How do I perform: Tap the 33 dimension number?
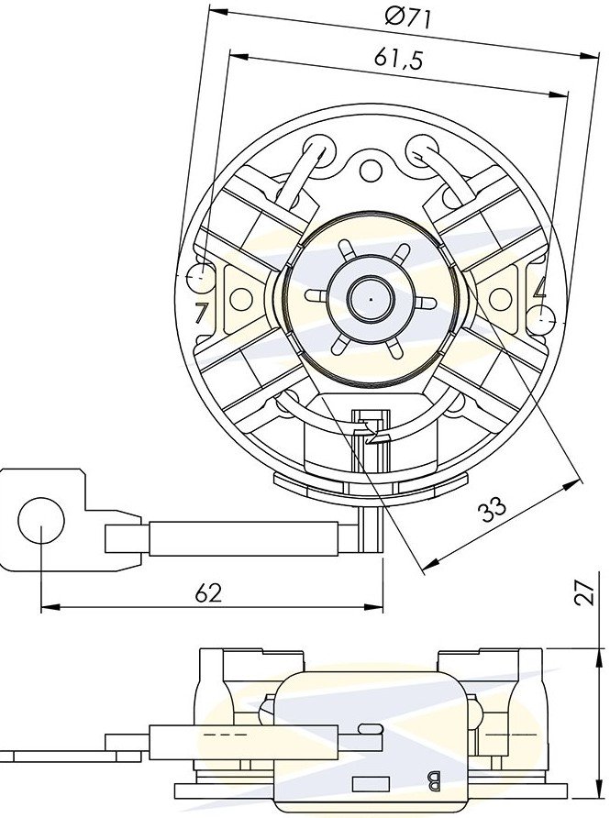pyautogui.click(x=493, y=509)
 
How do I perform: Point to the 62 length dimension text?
pyautogui.click(x=208, y=592)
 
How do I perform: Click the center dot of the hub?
pyautogui.click(x=370, y=300)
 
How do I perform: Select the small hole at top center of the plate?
pyautogui.click(x=371, y=169)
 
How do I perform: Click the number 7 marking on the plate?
pyautogui.click(x=199, y=312)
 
